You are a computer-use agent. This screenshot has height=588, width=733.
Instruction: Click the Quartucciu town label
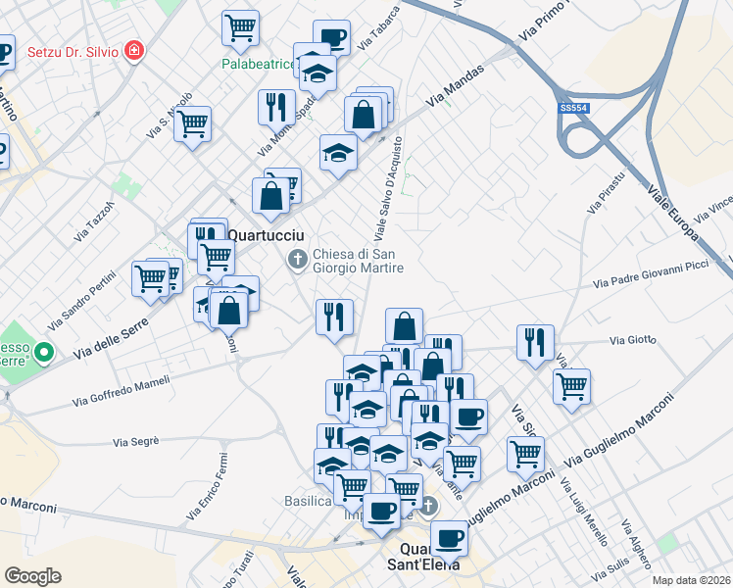[x=268, y=236]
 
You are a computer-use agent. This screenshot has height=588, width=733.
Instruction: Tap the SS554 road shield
[x=573, y=109]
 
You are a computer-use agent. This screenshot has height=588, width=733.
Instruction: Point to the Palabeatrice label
[x=256, y=65]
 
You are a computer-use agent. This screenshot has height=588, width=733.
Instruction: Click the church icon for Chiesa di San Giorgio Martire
[x=297, y=260]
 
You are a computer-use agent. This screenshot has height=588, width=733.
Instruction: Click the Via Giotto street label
[x=632, y=340]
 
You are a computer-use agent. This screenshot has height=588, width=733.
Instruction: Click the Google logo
[x=32, y=576]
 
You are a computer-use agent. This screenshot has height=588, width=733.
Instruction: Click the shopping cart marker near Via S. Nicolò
[x=193, y=123]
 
